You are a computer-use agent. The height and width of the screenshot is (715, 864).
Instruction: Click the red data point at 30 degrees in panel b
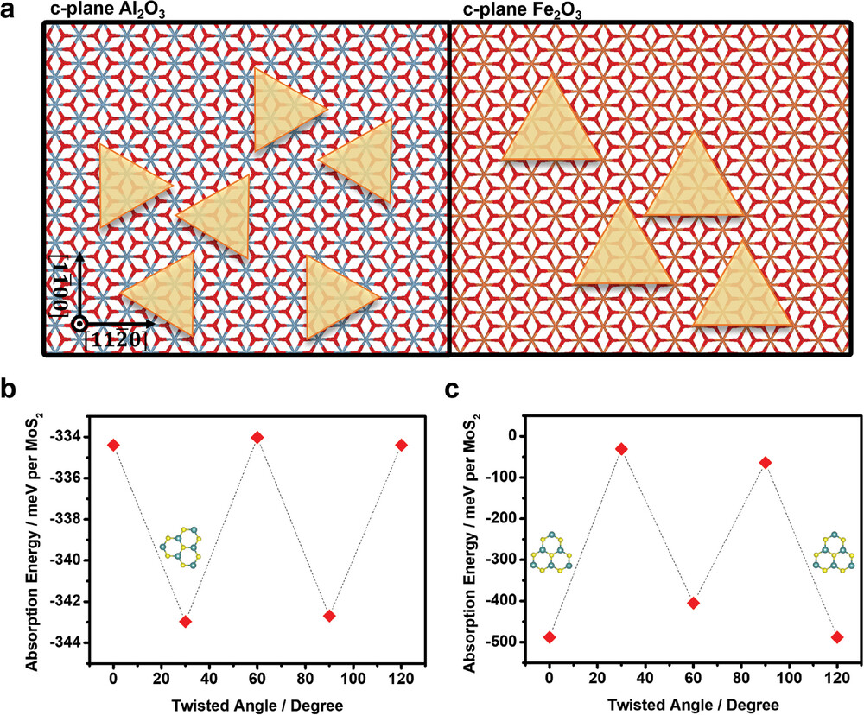(185, 622)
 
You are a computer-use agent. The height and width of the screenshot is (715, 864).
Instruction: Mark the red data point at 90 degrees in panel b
(328, 616)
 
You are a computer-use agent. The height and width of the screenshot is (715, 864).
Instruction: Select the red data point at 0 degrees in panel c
(550, 637)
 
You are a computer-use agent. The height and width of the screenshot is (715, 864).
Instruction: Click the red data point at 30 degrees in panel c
(621, 449)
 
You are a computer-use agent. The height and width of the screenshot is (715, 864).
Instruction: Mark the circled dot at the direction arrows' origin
(79, 324)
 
